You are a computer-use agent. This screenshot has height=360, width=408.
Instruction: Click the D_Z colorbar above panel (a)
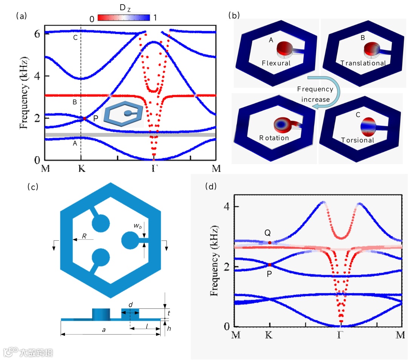tap(124, 17)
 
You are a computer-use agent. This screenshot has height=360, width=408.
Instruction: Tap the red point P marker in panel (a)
tap(85, 118)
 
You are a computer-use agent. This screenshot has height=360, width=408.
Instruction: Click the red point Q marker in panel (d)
tap(269, 243)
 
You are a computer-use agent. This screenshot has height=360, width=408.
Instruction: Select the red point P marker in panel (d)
tap(269, 265)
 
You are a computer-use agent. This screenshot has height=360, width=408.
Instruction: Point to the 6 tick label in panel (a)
tap(37, 34)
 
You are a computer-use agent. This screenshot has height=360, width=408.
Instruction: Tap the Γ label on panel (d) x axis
tap(341, 334)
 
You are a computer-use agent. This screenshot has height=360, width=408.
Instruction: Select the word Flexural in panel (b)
tap(276, 63)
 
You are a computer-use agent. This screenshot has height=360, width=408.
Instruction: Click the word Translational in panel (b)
tap(363, 63)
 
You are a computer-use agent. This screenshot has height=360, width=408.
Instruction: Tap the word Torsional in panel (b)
tap(357, 140)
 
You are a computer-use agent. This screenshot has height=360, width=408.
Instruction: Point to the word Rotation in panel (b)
tap(274, 138)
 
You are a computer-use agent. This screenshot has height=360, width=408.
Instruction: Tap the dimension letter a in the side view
tap(104, 329)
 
